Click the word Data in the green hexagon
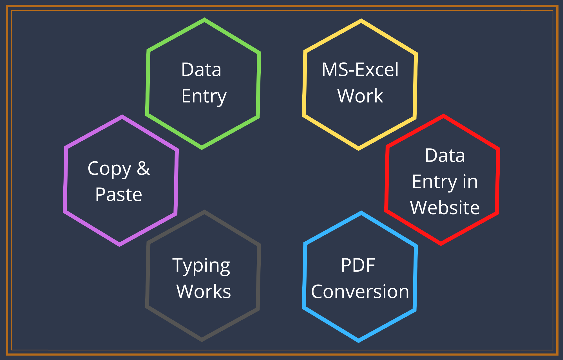pos(201,70)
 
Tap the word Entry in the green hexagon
pos(204,96)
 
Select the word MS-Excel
pos(360,70)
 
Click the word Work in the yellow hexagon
pos(360,96)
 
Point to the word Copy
pos(110,169)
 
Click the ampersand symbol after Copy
pos(143,168)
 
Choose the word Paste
pos(119,194)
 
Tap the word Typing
pos(201,266)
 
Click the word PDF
pos(358,265)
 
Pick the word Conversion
pos(360,292)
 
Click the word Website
pos(444,208)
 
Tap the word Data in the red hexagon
pos(445,155)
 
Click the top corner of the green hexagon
pos(204,20)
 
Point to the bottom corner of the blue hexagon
pos(359,341)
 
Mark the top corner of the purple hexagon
pos(122,117)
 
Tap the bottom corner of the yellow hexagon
pos(358,149)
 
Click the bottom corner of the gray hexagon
pos(202,340)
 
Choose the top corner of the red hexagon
pos(444,116)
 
